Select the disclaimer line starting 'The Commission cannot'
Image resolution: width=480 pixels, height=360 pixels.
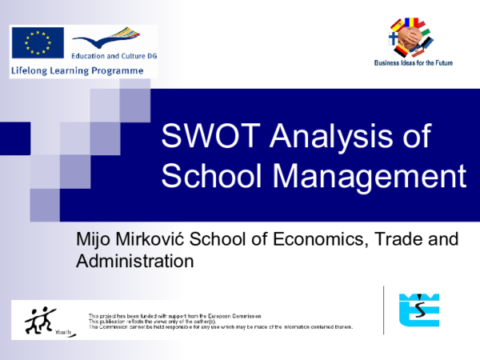click(220, 327)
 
